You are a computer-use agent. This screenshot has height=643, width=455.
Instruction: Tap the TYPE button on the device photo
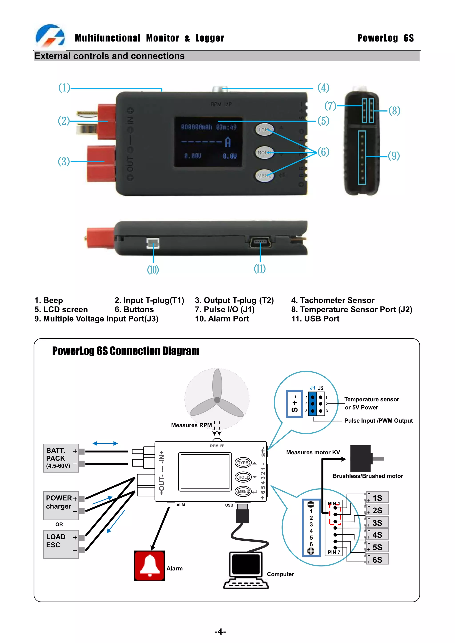[264, 129]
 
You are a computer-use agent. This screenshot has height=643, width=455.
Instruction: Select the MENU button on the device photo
[264, 176]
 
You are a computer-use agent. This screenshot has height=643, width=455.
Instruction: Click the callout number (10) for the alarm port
[153, 270]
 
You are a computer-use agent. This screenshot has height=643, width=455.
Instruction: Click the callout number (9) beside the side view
[394, 156]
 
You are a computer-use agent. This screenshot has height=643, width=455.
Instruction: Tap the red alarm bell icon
[150, 566]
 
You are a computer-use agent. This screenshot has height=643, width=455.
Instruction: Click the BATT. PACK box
[61, 458]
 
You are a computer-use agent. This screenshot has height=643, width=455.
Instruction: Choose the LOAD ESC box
[61, 544]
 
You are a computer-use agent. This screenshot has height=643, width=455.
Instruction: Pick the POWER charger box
[61, 505]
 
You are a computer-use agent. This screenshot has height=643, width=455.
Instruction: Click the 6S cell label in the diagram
[377, 560]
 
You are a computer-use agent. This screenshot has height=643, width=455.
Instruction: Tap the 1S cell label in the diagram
[377, 498]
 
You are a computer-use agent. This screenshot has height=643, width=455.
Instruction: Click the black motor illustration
[361, 459]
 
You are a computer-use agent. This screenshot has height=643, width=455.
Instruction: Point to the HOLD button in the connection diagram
[243, 477]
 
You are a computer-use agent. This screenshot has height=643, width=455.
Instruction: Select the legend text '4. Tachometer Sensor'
[333, 300]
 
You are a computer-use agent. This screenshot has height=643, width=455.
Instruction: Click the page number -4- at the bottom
[220, 631]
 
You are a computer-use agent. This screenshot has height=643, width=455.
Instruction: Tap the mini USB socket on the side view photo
[260, 242]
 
